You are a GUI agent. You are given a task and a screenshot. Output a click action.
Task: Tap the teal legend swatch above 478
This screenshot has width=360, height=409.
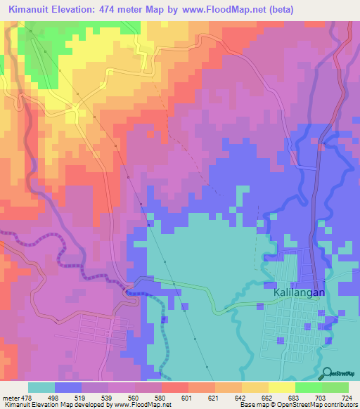coord(41,387)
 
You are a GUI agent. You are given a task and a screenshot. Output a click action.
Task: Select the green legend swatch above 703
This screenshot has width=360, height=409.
coord(308,387)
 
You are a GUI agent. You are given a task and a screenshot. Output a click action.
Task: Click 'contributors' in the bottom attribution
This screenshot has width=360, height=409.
coord(340,405)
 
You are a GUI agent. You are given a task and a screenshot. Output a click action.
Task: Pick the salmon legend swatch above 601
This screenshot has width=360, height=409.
coord(174,387)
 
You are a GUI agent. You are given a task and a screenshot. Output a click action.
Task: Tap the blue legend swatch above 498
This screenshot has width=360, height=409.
coord(67,387)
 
